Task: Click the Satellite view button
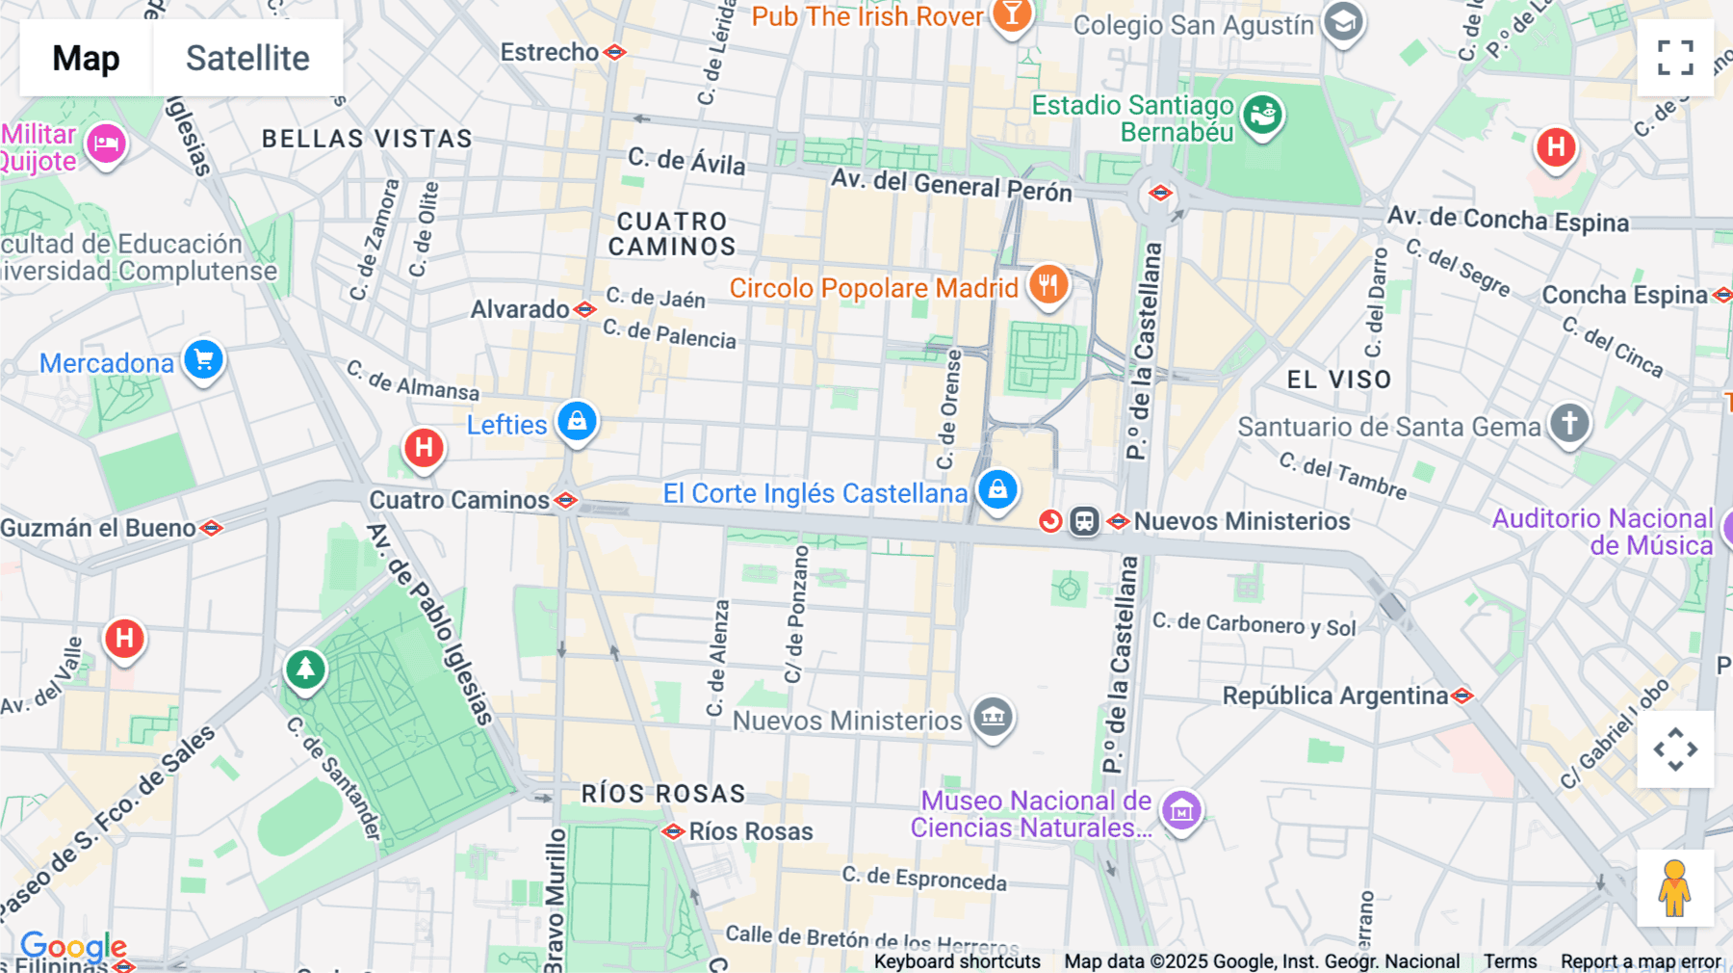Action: point(247,58)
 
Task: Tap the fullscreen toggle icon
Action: point(1675,58)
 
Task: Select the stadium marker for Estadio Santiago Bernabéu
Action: point(1262,116)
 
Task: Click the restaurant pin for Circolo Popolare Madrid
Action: point(1048,285)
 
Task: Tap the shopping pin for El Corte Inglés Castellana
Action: point(997,489)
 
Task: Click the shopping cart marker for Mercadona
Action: point(203,360)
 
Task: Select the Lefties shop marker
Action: point(577,422)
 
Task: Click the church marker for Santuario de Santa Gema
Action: point(1569,423)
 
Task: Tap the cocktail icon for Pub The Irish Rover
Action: point(1011,14)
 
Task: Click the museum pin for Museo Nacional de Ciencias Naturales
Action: point(1181,811)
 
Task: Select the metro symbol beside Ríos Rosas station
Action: point(673,831)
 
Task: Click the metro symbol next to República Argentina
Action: point(1462,696)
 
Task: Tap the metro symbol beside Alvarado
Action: point(584,309)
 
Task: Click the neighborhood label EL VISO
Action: point(1339,380)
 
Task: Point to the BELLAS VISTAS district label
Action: point(367,139)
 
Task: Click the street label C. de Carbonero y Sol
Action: point(1254,625)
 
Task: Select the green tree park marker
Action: point(305,668)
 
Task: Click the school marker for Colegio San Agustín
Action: point(1343,21)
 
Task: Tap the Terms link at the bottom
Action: point(1510,961)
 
